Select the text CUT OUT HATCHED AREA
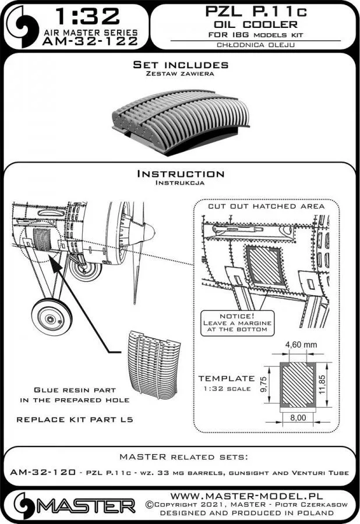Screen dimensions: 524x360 [266, 206]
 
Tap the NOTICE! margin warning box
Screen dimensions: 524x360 [235, 321]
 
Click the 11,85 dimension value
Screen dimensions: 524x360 [331, 384]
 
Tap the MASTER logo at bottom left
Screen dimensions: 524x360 [70, 504]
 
